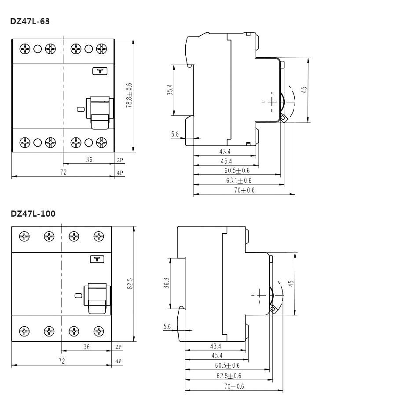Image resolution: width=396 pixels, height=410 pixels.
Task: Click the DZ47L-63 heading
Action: pos(30,21)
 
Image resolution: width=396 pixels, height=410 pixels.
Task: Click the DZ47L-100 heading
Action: pos(33,214)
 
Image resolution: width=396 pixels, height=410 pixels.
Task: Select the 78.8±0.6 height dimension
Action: pos(129,95)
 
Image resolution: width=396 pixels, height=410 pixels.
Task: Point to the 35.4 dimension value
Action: pos(169,90)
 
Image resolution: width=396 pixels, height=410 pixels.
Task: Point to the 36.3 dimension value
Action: pos(166,283)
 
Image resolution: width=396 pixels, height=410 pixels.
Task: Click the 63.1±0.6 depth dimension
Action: pos(238,181)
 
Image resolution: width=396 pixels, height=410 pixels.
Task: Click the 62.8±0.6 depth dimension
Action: pos(228,376)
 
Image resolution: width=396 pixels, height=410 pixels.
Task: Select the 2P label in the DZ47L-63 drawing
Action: pos(120,160)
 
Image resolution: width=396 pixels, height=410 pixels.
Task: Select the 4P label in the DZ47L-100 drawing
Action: pos(118,361)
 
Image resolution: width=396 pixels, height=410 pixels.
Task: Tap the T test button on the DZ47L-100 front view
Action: pos(97,259)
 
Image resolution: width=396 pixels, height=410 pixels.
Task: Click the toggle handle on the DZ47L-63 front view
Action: pos(100,113)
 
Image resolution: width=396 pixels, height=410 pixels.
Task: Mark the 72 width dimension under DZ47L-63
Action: pos(63,172)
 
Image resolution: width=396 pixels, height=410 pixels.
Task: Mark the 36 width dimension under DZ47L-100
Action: pos(86,347)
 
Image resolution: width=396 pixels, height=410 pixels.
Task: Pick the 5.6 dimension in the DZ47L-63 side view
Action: pos(175,134)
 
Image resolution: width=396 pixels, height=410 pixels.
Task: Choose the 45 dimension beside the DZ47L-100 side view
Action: pos(291,284)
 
